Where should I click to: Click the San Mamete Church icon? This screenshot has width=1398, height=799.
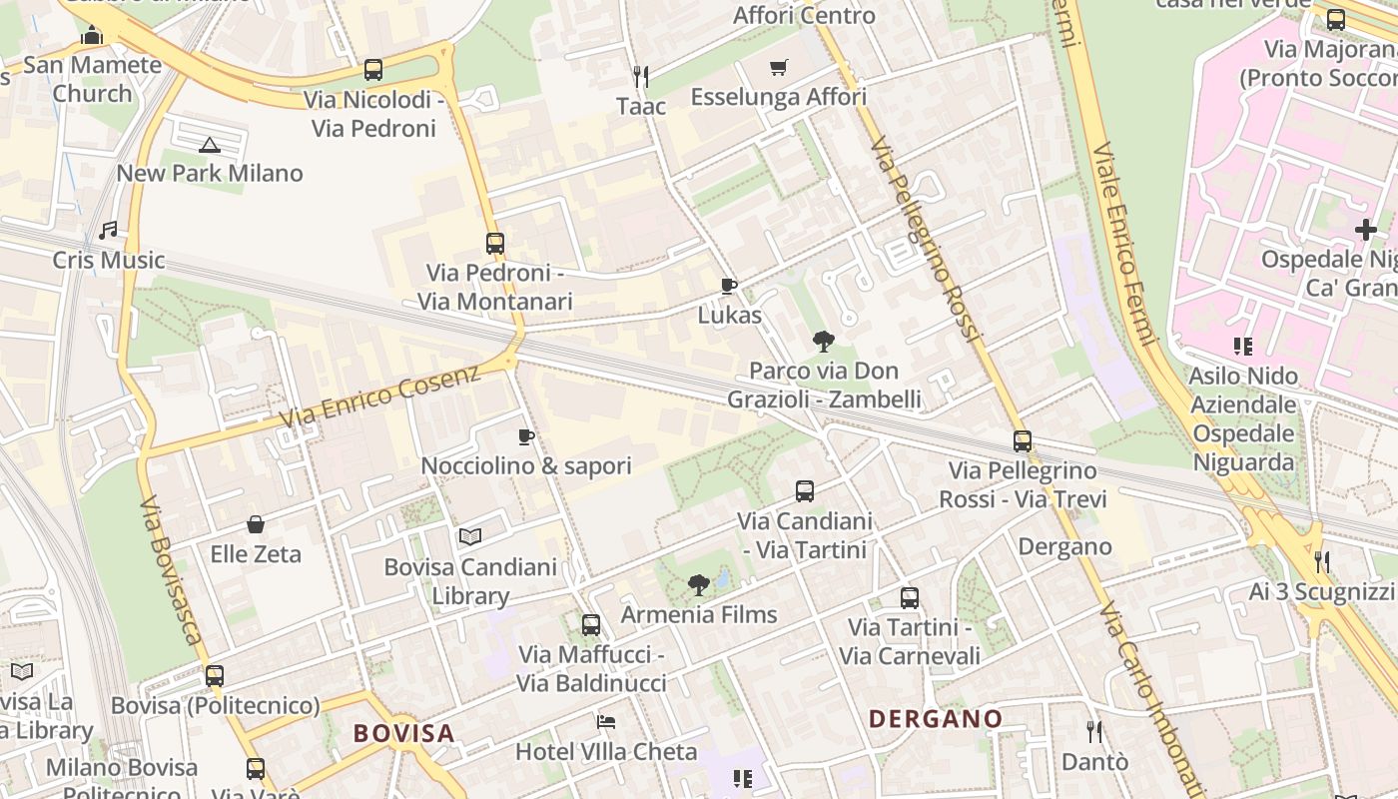tap(92, 36)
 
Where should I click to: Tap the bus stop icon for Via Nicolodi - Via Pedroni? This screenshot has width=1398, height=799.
tap(373, 70)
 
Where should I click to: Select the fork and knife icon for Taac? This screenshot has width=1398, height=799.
tap(641, 76)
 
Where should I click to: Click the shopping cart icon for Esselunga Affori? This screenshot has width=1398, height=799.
tap(779, 68)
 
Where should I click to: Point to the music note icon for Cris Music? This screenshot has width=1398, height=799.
tap(108, 231)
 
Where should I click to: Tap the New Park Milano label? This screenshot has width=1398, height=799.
tap(210, 173)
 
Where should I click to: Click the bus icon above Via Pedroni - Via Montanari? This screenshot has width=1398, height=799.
tap(495, 243)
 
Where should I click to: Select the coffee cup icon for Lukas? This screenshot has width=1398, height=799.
tap(729, 287)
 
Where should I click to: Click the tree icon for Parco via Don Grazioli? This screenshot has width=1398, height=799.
tap(824, 342)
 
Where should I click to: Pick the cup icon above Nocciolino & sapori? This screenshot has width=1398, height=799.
tap(526, 436)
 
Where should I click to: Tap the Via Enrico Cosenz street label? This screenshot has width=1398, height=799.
tap(379, 397)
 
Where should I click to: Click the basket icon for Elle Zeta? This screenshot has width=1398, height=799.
tap(256, 524)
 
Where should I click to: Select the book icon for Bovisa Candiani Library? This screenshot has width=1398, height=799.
tap(470, 537)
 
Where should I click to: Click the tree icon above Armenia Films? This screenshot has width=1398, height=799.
tap(699, 585)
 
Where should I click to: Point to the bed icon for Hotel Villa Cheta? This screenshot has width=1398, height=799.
tap(606, 722)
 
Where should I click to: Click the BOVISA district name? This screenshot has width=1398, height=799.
tap(404, 733)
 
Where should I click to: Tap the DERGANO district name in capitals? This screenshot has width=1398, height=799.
tap(936, 719)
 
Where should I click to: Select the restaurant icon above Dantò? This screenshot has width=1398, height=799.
tap(1094, 732)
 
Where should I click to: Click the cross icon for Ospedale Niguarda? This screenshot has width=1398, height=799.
tap(1365, 230)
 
